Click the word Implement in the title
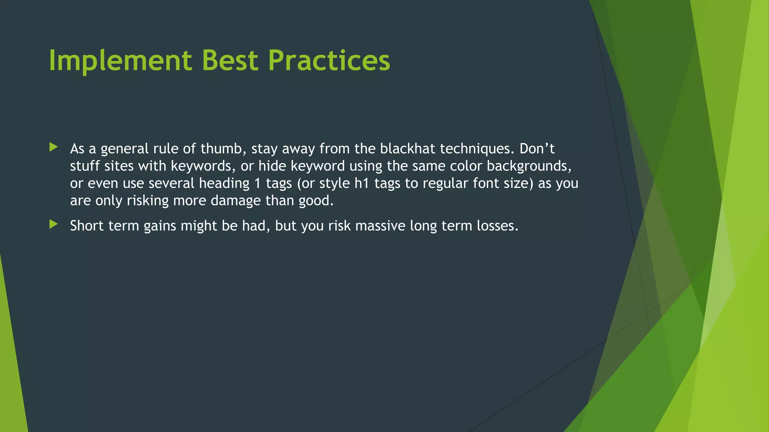(x=120, y=61)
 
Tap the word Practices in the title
(x=329, y=61)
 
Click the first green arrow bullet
(x=53, y=147)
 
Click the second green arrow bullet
(x=53, y=225)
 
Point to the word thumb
(x=223, y=149)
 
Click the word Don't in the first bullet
(x=537, y=149)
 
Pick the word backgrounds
(x=529, y=166)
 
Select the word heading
(x=224, y=183)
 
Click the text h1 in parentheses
(x=362, y=183)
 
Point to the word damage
(x=235, y=201)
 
